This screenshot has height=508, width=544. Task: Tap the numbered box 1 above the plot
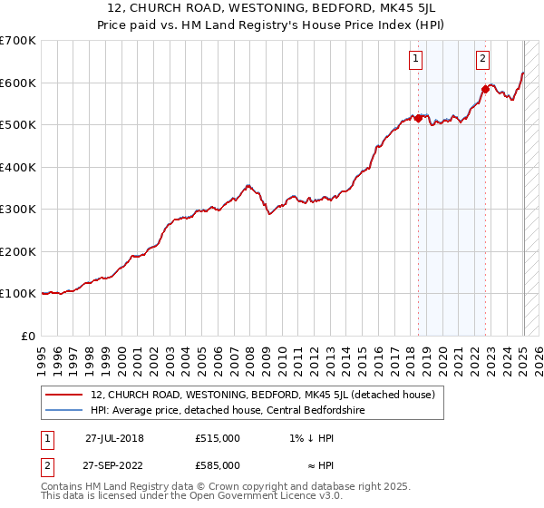[415, 60]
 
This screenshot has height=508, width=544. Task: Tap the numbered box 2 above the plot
[482, 60]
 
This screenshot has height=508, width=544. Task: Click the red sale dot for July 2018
[418, 117]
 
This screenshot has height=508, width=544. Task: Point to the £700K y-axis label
[18, 41]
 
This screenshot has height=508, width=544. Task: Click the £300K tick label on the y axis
[18, 210]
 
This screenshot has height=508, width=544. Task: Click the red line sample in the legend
[63, 395]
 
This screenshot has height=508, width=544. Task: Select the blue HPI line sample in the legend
[63, 409]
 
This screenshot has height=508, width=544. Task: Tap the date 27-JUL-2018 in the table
[114, 437]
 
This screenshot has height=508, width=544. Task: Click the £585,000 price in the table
[218, 464]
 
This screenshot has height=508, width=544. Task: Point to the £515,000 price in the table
[218, 437]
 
